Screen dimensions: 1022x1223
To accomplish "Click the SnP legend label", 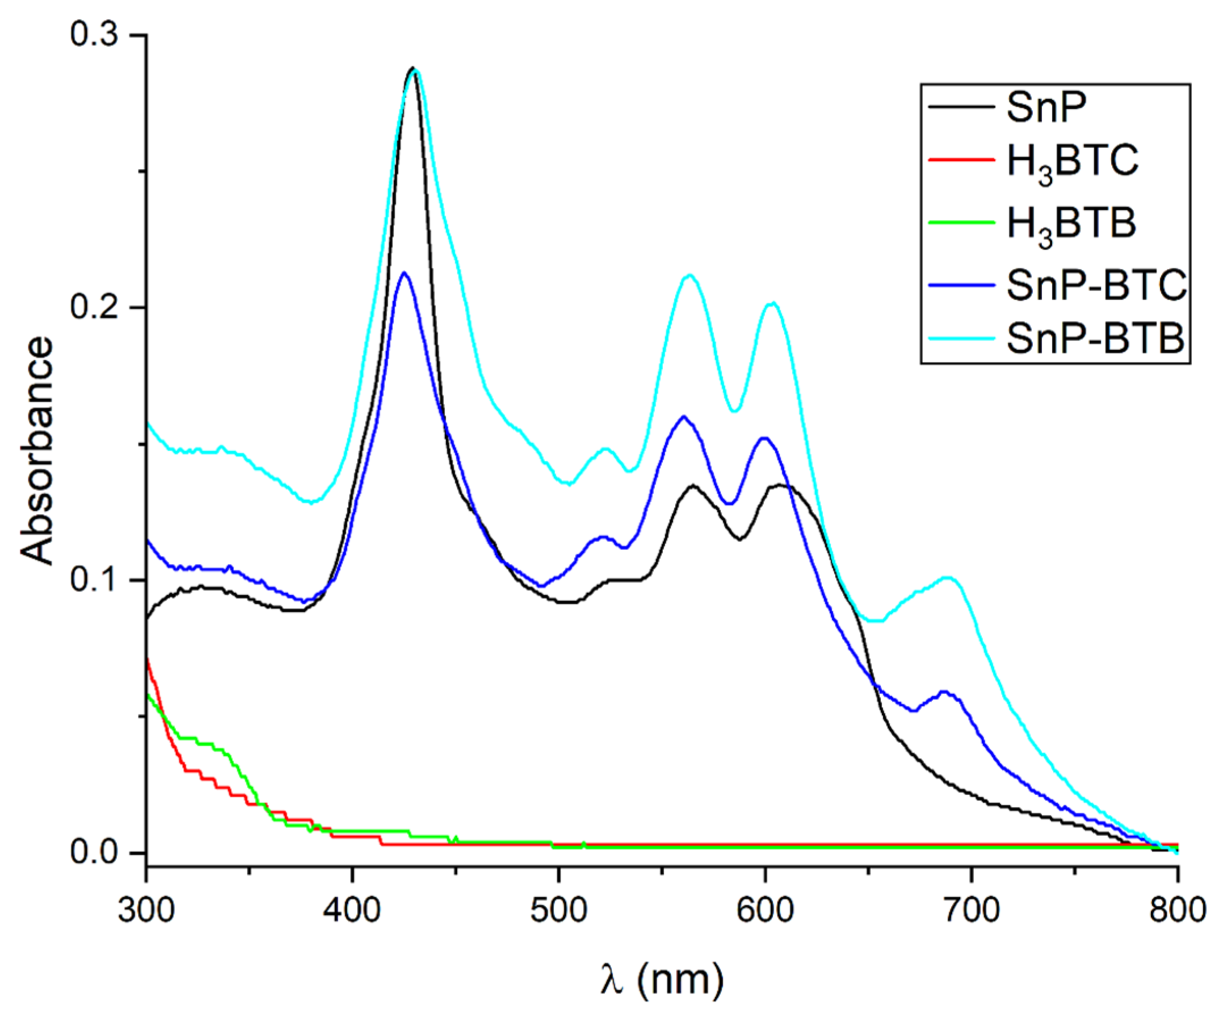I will tap(1047, 108).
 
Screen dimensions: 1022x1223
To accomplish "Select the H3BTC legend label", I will tap(1072, 162).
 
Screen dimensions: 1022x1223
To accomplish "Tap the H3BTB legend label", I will tap(1071, 224).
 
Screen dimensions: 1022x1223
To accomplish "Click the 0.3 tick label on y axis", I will tap(94, 35).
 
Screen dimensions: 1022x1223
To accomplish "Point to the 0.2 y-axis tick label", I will tap(94, 307).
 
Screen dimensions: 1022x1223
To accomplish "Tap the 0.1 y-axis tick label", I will tap(94, 580).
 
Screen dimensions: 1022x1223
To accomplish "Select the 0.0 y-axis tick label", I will tap(94, 852).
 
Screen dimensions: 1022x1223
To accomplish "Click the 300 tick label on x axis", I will tap(146, 909).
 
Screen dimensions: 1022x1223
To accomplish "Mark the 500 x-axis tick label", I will tap(558, 909).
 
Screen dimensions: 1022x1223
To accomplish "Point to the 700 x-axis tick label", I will tap(971, 909).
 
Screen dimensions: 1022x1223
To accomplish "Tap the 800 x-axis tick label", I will tap(1177, 909).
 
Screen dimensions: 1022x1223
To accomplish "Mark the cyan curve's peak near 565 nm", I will tap(690, 275).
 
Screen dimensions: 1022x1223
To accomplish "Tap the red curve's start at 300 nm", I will tap(148, 660).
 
